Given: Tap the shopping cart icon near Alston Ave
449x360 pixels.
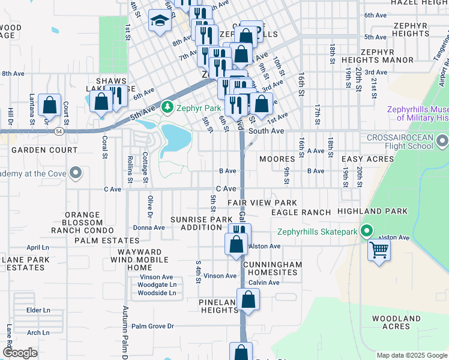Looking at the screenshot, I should (x=379, y=250).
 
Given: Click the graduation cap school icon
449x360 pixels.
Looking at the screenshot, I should (x=160, y=23).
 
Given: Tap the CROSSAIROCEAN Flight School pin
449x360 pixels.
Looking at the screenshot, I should (x=442, y=142).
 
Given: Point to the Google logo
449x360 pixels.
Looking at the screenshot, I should (x=20, y=353).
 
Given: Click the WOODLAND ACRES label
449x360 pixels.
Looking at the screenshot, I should (x=396, y=322).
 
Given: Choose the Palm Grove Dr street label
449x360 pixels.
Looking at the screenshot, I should (x=152, y=326).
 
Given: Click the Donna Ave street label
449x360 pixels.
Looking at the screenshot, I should (x=149, y=227).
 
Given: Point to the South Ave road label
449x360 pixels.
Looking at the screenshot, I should (x=265, y=131).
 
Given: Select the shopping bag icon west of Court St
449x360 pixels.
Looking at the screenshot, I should (x=49, y=106).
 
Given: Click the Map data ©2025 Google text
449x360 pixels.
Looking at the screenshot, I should (x=412, y=355).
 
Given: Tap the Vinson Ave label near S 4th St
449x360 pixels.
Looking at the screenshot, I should (x=220, y=276).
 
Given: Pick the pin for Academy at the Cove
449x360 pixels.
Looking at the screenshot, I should (x=76, y=174).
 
